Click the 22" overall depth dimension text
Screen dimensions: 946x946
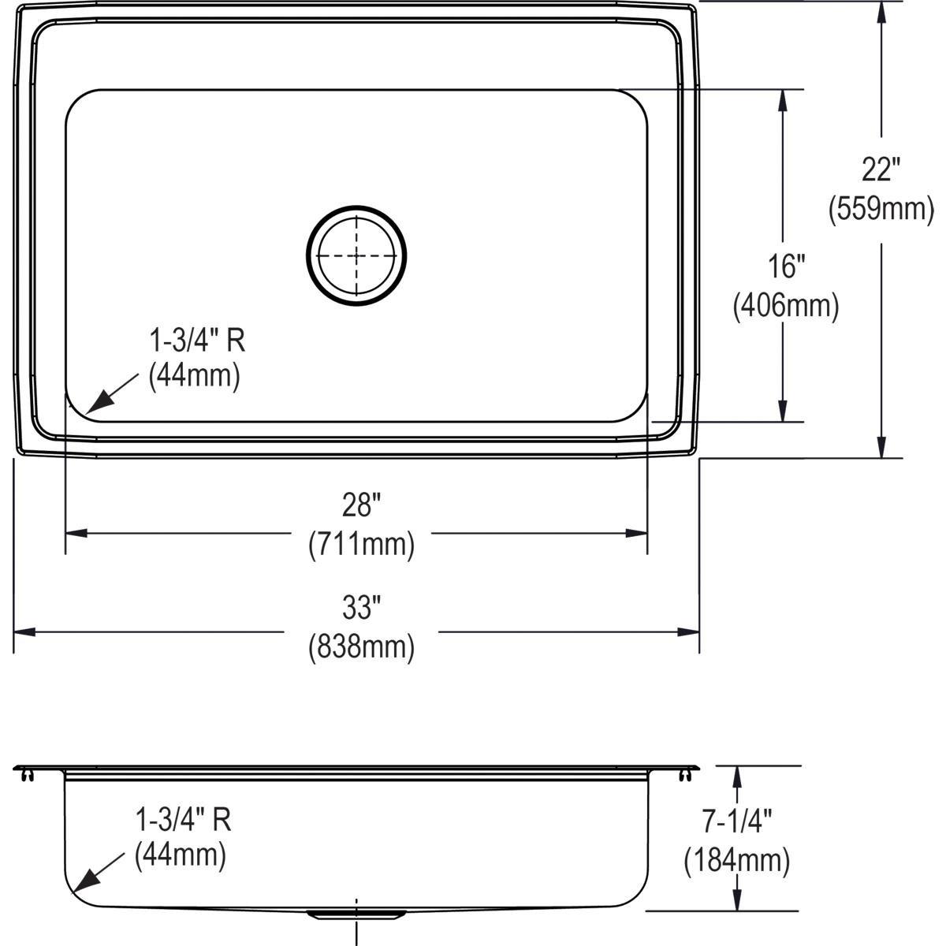(x=881, y=169)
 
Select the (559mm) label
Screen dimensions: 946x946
(x=881, y=209)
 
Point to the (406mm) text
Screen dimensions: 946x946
(x=786, y=305)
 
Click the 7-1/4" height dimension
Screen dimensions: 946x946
(x=737, y=821)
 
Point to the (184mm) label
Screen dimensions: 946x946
(x=737, y=860)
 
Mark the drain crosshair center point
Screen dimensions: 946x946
(x=356, y=255)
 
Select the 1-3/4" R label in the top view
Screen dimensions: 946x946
(x=197, y=341)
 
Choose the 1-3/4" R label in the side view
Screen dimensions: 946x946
(x=183, y=820)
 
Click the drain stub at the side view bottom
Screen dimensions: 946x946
(x=356, y=914)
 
